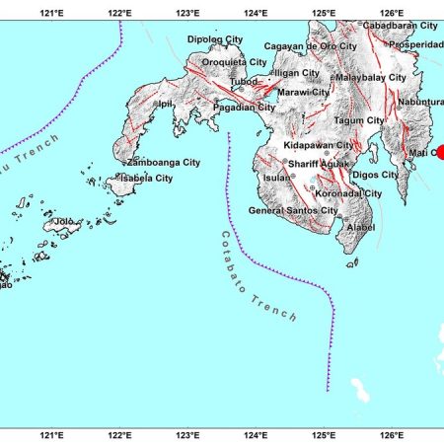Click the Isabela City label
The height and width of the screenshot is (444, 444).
click(146, 178)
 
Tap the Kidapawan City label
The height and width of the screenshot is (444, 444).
click(317, 145)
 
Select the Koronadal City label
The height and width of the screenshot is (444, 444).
click(346, 193)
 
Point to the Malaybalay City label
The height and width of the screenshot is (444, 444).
click(370, 77)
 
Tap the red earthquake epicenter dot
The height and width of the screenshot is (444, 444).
click(440, 153)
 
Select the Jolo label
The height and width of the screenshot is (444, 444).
click(64, 222)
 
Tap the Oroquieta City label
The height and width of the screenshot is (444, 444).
click(234, 62)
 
